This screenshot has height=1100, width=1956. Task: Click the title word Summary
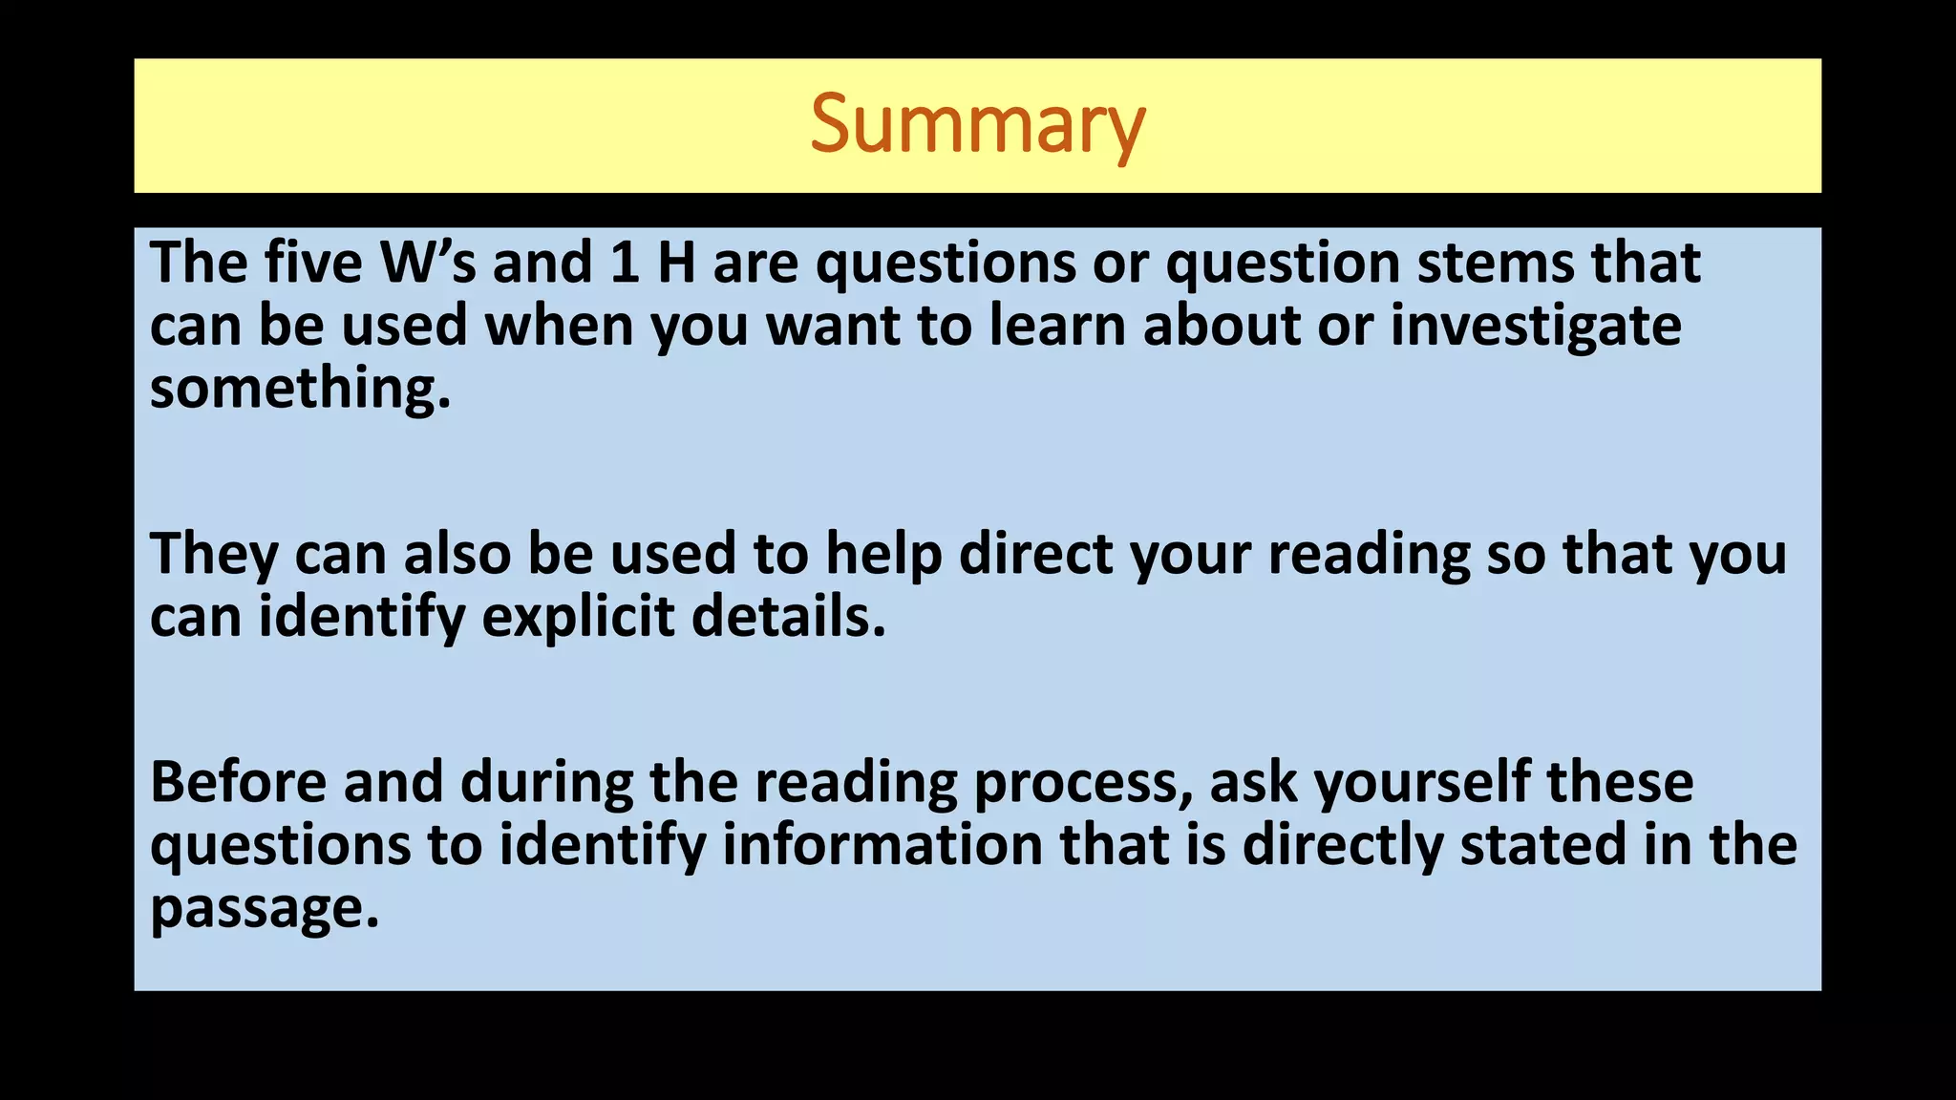click(977, 125)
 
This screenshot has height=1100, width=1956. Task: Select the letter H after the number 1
click(676, 263)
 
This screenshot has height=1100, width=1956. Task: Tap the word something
click(299, 390)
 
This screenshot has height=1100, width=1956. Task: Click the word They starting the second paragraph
click(214, 554)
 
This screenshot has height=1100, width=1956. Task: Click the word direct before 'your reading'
click(1035, 554)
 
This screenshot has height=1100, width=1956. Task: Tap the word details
click(788, 617)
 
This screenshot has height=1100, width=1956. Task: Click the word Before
click(239, 782)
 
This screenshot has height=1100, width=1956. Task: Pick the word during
click(546, 782)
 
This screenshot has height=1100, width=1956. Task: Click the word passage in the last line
click(264, 908)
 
